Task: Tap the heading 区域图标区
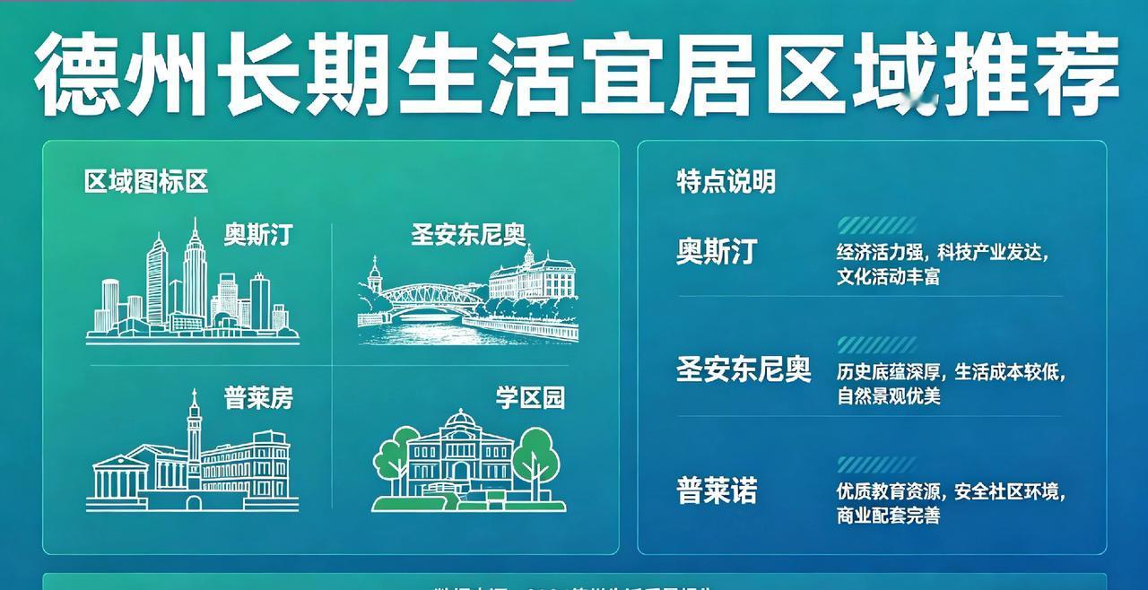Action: click(146, 182)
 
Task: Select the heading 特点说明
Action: click(726, 182)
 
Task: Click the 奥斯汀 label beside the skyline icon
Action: click(258, 236)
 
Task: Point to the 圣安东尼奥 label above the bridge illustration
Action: click(468, 235)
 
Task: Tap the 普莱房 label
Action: click(258, 397)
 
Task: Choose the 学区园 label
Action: click(531, 397)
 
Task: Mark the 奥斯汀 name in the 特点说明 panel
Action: click(717, 252)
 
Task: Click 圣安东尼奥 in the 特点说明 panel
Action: click(744, 370)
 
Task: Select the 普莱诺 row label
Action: click(717, 490)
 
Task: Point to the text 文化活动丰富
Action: click(888, 276)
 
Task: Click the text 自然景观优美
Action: click(888, 395)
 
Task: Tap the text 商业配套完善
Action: click(888, 516)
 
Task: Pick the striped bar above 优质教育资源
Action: click(876, 464)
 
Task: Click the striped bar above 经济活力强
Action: click(876, 225)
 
